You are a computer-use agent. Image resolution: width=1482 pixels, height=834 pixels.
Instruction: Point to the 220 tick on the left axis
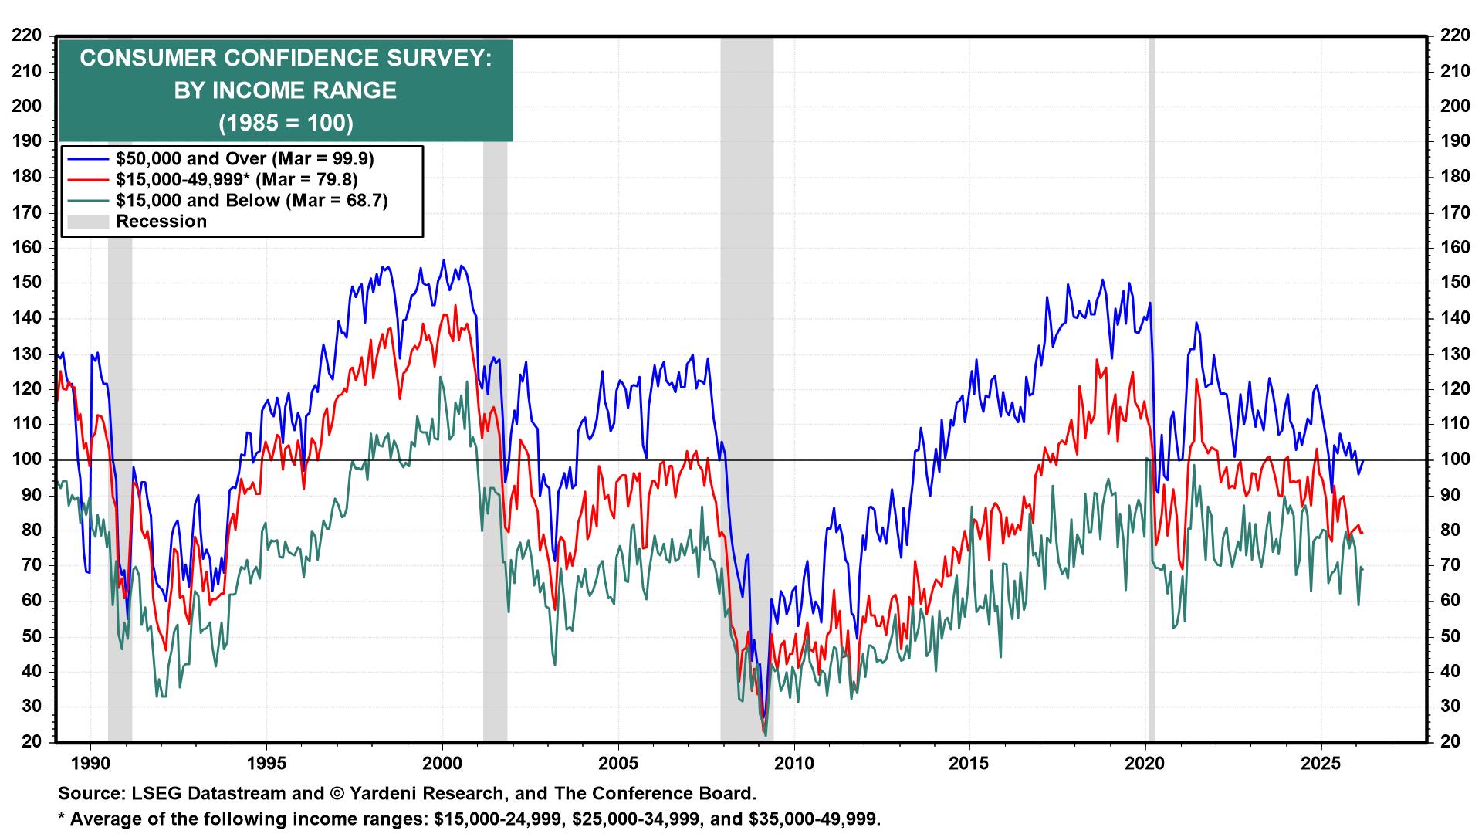pyautogui.click(x=28, y=36)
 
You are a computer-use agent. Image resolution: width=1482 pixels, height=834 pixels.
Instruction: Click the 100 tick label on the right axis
pyautogui.click(x=1454, y=459)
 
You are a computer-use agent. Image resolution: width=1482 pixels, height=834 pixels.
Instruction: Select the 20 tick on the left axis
pyautogui.click(x=32, y=742)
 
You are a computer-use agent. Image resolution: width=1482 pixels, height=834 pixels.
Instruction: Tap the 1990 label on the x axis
pyautogui.click(x=91, y=763)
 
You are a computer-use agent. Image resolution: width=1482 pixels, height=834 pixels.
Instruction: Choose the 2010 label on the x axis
pyautogui.click(x=794, y=763)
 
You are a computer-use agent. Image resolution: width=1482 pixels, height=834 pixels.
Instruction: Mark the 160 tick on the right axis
pyautogui.click(x=1454, y=248)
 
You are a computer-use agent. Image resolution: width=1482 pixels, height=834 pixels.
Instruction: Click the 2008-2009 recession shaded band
pyautogui.click(x=746, y=386)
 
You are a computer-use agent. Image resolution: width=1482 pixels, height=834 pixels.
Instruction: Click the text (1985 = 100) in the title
pyautogui.click(x=286, y=124)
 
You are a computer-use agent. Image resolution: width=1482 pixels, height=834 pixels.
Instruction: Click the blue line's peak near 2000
pyautogui.click(x=443, y=260)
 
